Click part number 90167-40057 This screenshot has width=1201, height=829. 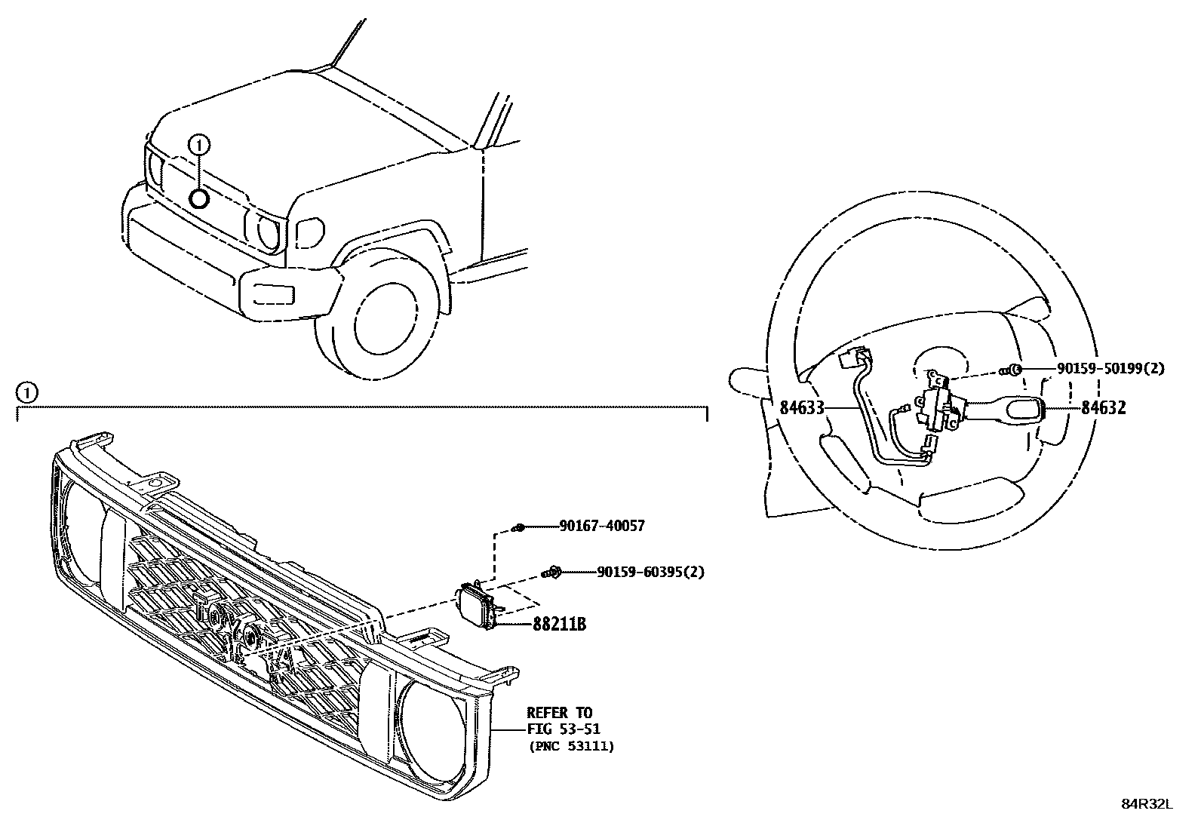(602, 527)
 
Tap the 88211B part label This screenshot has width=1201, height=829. (560, 625)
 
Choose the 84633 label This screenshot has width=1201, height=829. (801, 408)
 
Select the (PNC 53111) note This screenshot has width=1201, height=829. (570, 746)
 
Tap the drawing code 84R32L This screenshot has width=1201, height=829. (1147, 804)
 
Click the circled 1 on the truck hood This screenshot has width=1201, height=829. (199, 143)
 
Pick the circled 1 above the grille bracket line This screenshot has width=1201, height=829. (26, 392)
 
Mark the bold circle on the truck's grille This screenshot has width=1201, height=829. (199, 198)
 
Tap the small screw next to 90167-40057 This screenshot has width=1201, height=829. (518, 527)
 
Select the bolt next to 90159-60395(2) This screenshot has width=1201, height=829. (552, 573)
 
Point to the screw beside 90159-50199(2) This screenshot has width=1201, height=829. (1015, 370)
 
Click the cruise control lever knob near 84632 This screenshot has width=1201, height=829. (1021, 410)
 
